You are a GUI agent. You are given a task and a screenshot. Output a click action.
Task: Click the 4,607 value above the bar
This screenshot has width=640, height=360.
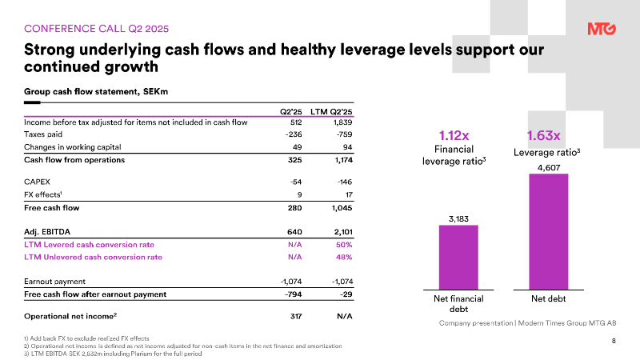pyautogui.click(x=549, y=166)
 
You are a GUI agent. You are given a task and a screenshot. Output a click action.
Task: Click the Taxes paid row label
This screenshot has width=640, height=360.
pyautogui.click(x=44, y=135)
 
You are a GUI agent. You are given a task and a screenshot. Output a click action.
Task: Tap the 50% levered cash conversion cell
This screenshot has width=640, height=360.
pyautogui.click(x=344, y=244)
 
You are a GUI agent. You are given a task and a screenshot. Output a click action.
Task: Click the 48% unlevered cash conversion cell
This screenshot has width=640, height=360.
pyautogui.click(x=344, y=257)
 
